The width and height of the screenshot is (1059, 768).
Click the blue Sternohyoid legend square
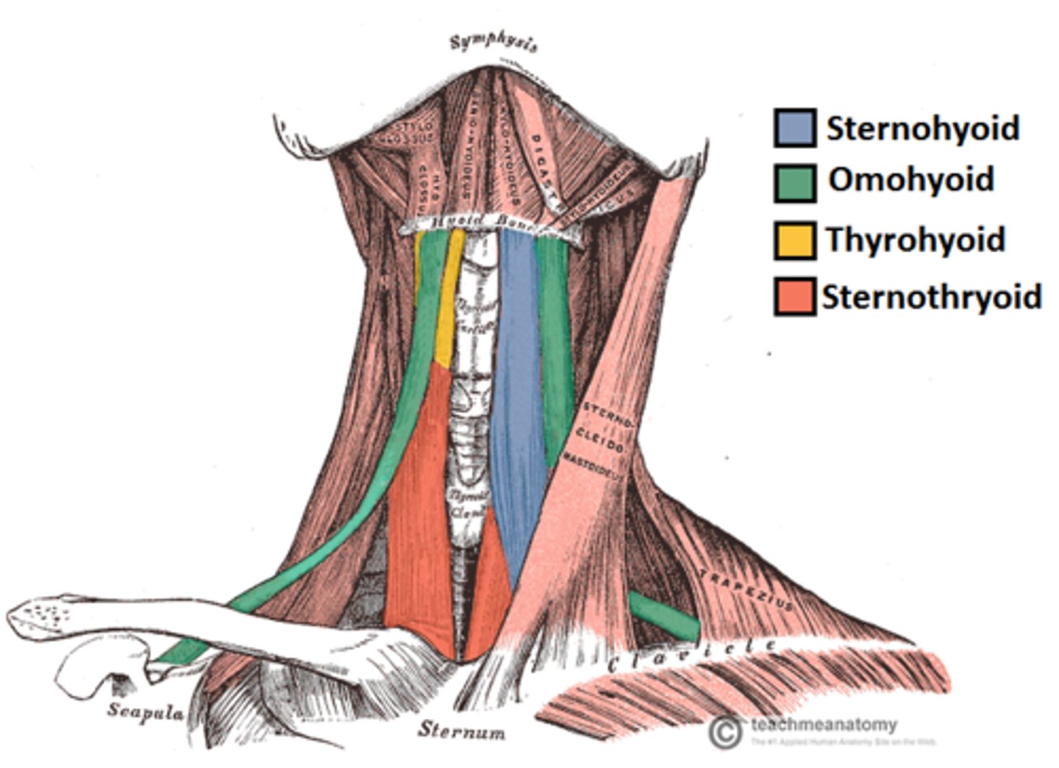794,128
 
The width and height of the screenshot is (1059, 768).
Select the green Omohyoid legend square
794,182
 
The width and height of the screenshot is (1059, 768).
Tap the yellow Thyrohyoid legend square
794,241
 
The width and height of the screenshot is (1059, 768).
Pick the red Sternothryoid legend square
794,297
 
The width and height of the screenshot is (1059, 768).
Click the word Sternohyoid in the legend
923,129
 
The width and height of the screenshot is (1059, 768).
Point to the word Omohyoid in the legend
911,180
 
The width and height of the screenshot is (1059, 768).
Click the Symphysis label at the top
493,43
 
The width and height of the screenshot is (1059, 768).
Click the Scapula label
145,711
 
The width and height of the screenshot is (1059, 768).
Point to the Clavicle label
691,655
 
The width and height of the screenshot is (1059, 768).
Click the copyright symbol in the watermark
726,731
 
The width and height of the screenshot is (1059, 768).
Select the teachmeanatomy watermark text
824,725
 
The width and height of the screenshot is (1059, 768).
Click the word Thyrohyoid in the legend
915,240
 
